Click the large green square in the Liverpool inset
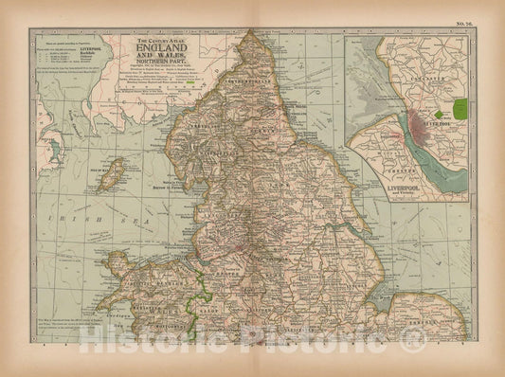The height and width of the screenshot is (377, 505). (462, 112)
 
